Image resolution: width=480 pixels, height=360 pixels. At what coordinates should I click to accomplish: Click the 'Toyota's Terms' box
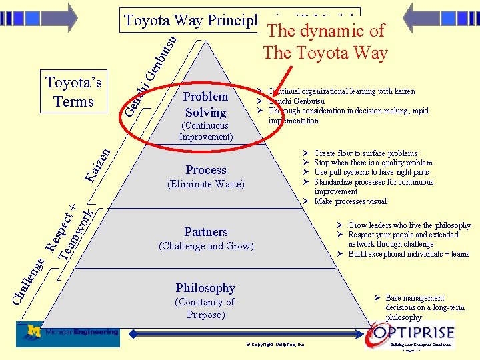[x=73, y=92]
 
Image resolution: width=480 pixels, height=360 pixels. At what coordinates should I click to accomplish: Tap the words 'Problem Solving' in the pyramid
[x=206, y=104]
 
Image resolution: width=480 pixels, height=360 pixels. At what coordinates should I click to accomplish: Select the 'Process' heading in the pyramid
[x=206, y=170]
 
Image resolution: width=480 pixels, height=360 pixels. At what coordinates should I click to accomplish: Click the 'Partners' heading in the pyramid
[x=206, y=232]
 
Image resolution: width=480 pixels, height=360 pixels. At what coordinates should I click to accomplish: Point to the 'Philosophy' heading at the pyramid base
[x=205, y=288]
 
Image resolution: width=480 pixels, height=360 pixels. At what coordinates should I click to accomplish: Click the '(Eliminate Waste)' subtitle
[x=206, y=184]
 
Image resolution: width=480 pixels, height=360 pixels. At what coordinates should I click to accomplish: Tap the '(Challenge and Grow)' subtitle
[x=206, y=246]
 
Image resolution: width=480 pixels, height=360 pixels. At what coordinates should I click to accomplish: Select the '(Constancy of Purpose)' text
[x=205, y=308]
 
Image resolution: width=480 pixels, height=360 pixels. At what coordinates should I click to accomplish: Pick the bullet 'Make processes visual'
[x=350, y=201]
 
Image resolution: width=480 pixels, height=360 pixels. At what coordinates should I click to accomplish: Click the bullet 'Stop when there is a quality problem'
[x=373, y=163]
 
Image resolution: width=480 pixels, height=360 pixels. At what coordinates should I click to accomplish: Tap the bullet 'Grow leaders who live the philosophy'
[x=409, y=225]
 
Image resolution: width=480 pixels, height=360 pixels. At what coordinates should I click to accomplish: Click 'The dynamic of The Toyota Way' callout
[x=325, y=41]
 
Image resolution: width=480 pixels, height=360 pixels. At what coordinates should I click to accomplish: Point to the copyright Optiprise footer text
[x=275, y=345]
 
